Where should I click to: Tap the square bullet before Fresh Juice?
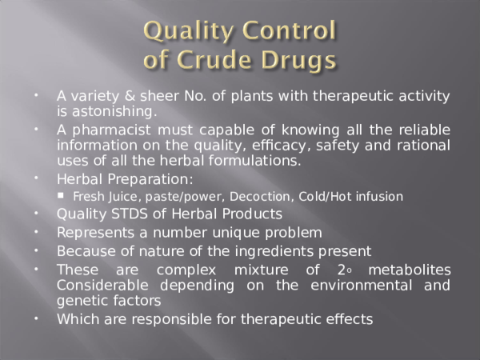pos(64,196)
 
